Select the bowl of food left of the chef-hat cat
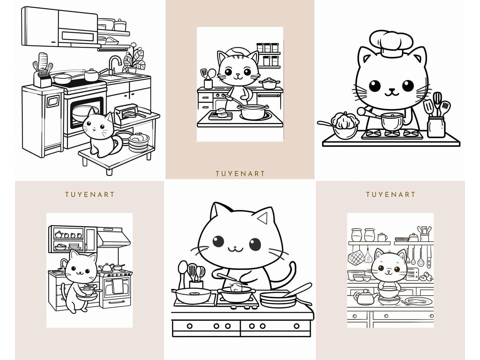point(345,126)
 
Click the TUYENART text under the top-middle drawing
point(240,174)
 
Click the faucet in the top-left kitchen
point(114,63)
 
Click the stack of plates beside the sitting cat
point(139,143)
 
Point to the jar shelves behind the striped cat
point(268,54)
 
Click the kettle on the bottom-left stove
point(107,267)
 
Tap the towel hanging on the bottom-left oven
point(118,286)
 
